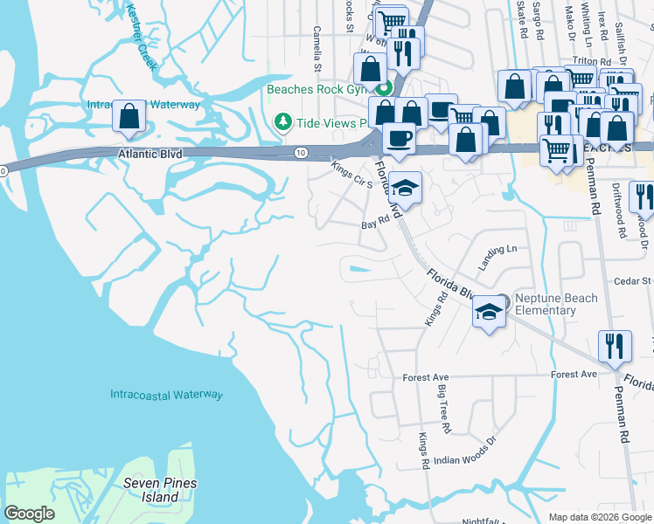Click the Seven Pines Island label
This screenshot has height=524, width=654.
(160, 490)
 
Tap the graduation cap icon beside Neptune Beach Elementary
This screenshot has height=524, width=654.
(490, 312)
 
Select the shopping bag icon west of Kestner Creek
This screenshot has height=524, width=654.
(129, 115)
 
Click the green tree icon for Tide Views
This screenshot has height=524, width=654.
(282, 121)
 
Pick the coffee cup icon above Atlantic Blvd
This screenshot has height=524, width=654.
(399, 138)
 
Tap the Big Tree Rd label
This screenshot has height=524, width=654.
(443, 409)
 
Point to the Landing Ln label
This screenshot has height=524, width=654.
(497, 256)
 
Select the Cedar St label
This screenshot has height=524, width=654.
(633, 280)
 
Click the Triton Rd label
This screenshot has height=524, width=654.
(584, 61)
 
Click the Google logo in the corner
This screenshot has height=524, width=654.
(30, 514)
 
